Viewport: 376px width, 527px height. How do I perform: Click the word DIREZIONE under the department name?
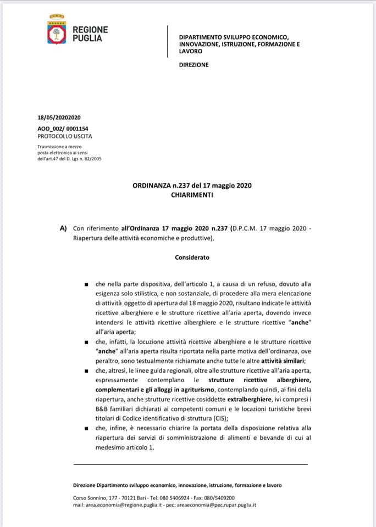194,65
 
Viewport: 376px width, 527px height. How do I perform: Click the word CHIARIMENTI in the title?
192,195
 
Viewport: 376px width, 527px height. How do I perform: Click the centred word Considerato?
192,256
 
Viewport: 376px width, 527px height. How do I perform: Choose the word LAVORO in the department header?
191,51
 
